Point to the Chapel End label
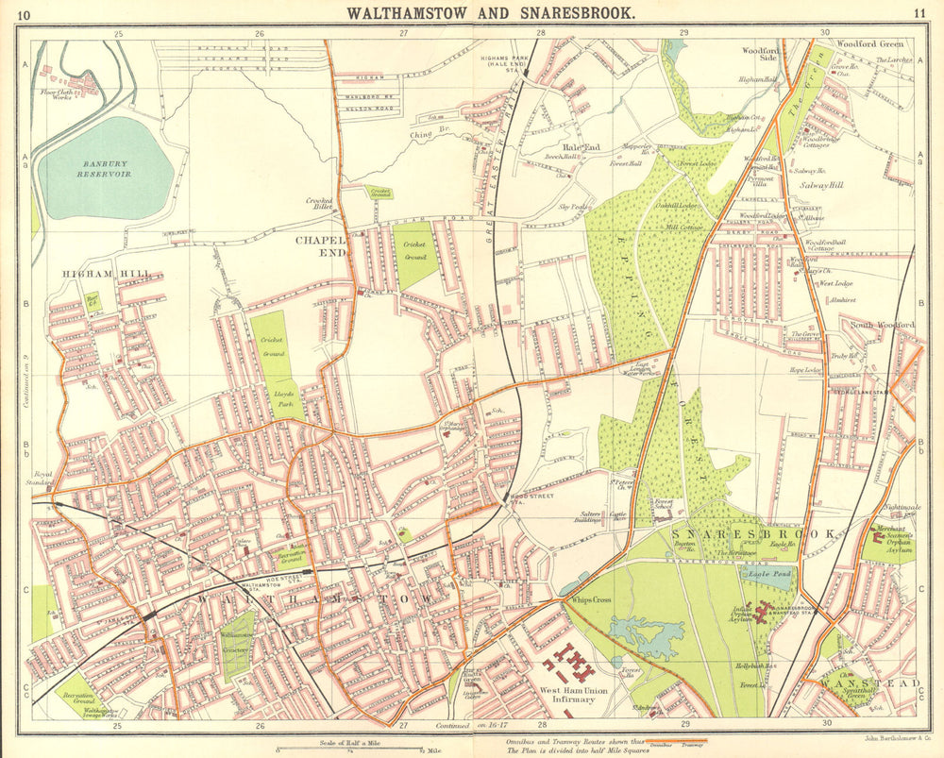coord(321,246)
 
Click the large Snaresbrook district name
coord(753,534)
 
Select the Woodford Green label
coord(869,43)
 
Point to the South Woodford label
coord(882,326)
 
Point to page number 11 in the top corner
coord(919,13)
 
